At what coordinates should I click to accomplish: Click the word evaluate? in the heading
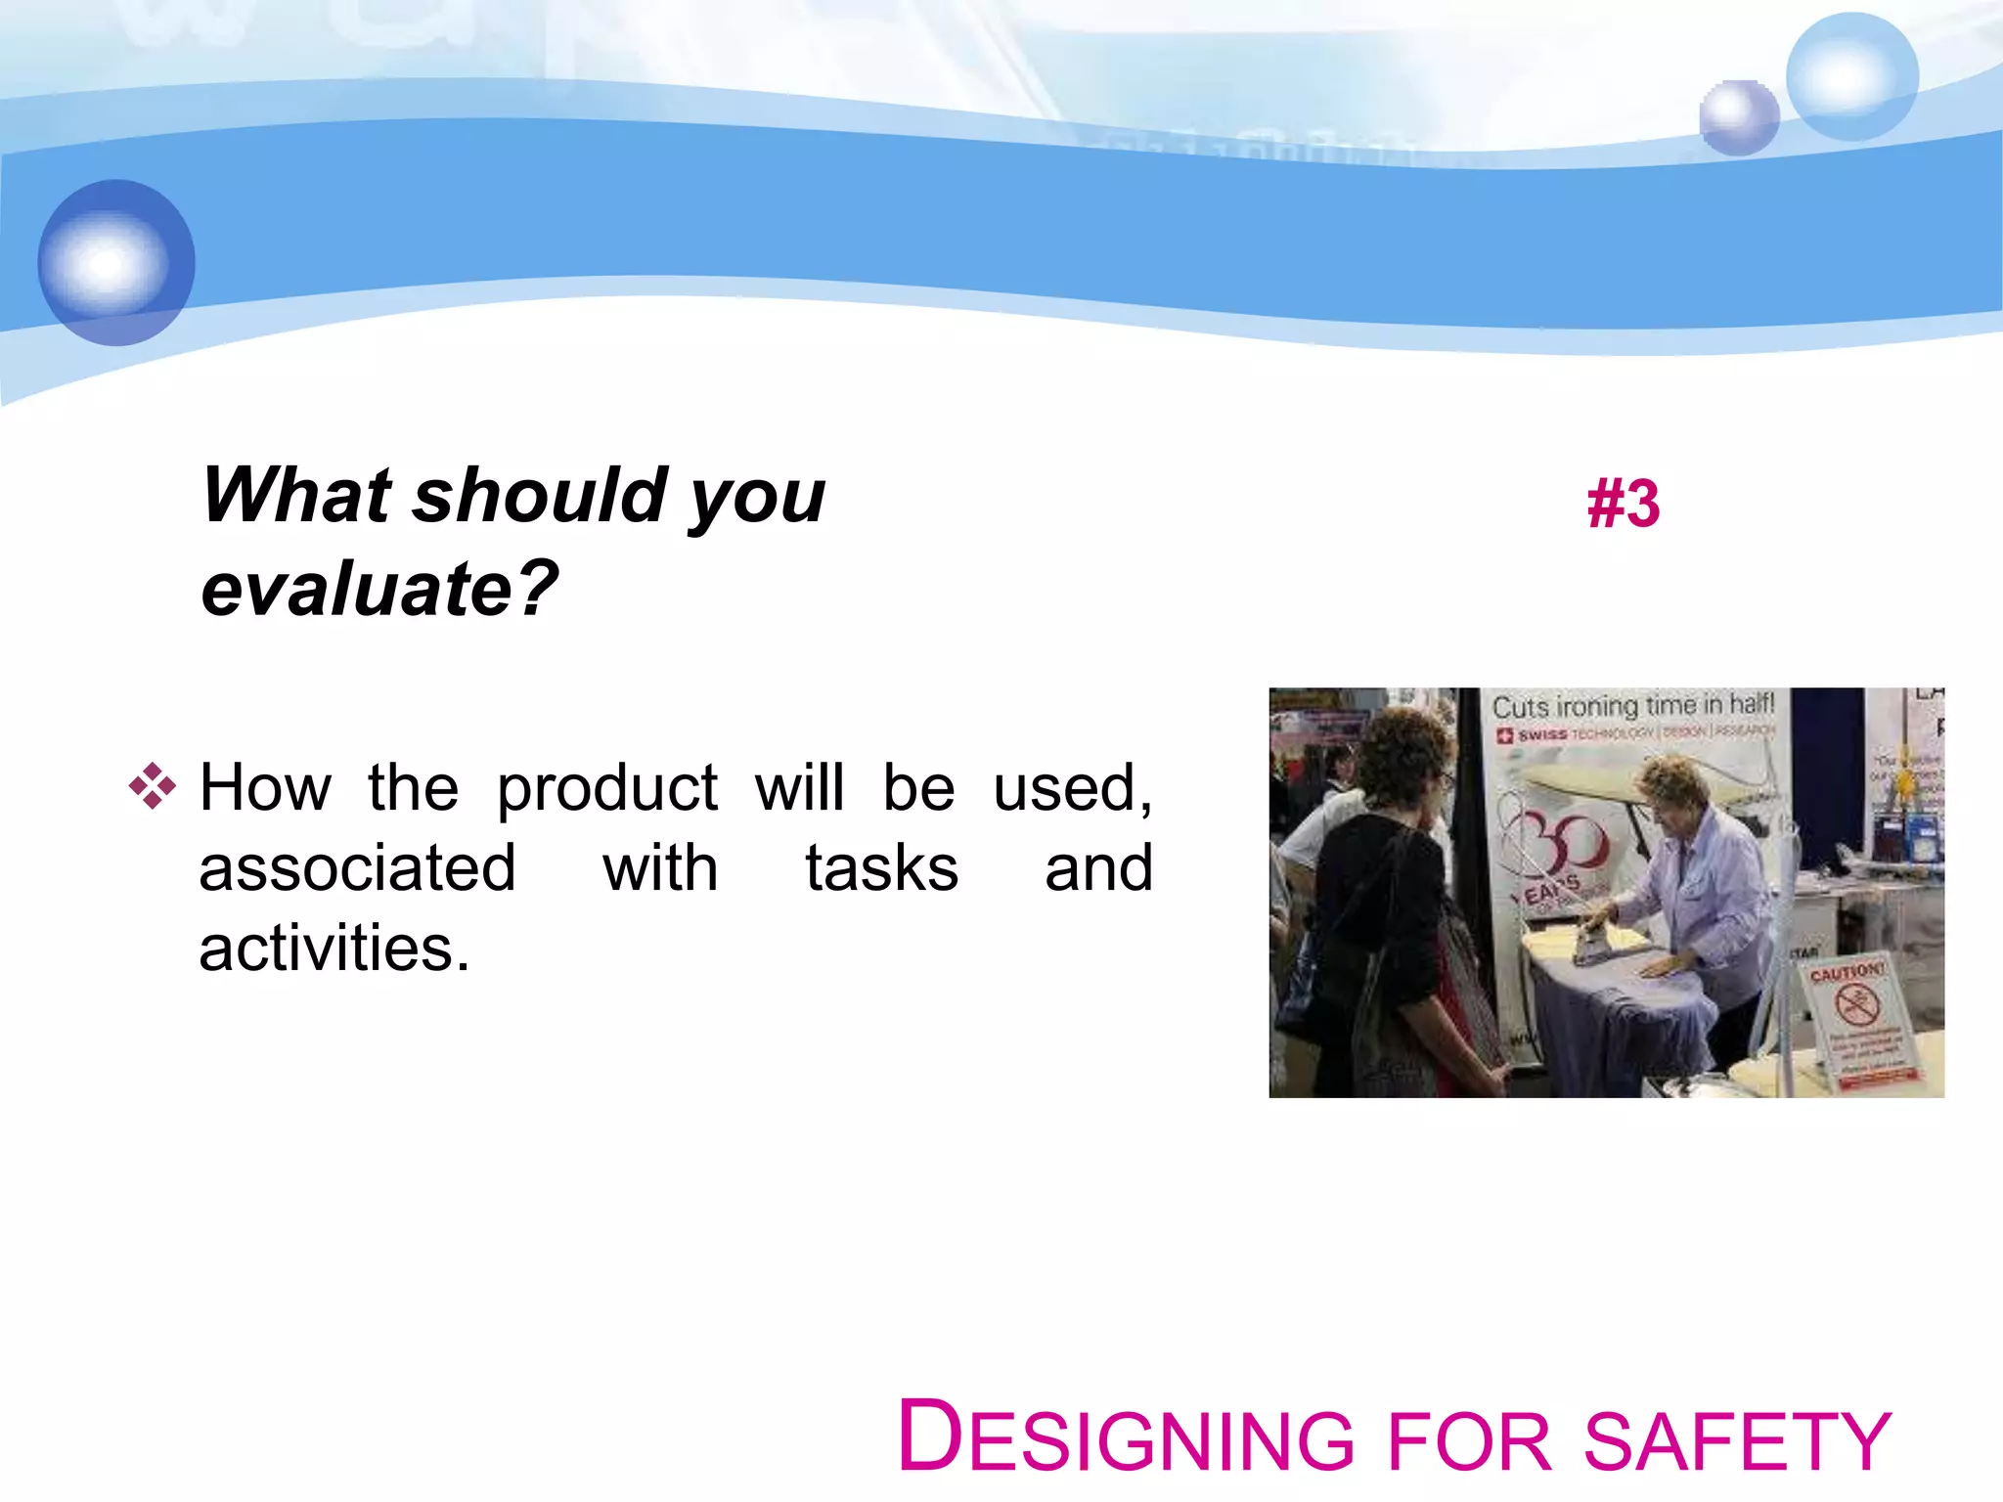point(379,590)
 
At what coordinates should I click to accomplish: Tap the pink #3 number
point(1623,505)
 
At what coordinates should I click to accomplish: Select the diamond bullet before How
point(153,786)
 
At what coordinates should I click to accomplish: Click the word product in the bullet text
point(606,788)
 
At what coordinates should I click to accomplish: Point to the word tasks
point(881,868)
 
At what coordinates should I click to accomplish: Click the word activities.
point(334,949)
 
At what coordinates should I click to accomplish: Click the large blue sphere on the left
point(116,262)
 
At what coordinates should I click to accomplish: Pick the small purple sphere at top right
point(1738,117)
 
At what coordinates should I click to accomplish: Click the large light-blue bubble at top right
point(1850,76)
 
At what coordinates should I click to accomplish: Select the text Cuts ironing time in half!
point(1631,706)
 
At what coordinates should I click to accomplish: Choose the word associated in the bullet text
point(357,868)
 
